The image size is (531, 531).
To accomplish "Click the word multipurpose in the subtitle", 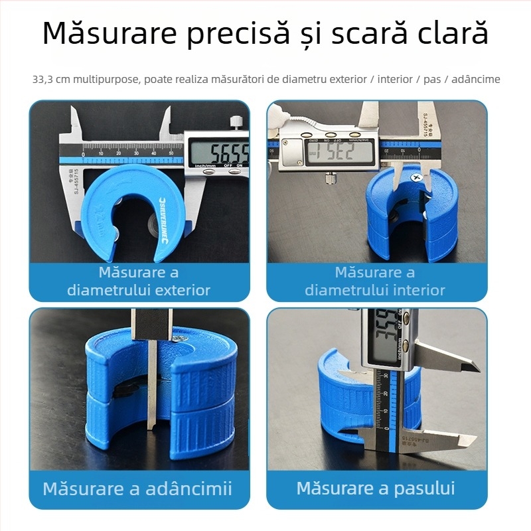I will (106, 80).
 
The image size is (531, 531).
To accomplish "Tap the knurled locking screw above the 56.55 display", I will (235, 122).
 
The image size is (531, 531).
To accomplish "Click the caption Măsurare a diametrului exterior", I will (139, 281).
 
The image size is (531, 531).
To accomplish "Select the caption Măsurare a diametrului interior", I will (375, 281).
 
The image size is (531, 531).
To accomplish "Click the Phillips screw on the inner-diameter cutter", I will (416, 178).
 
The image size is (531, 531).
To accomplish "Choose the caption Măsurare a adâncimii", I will (137, 489).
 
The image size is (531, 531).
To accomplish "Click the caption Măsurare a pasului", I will (376, 489).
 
